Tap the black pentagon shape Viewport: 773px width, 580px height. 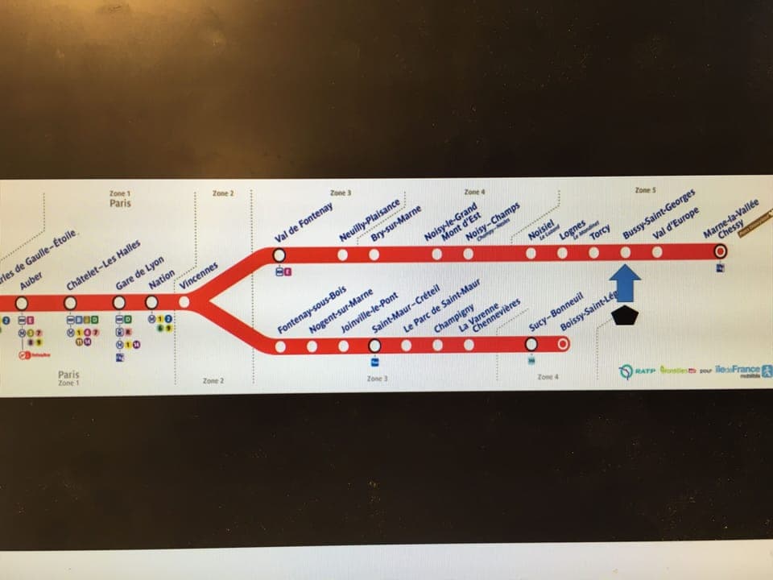tap(625, 315)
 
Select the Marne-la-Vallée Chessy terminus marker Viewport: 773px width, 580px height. tap(721, 252)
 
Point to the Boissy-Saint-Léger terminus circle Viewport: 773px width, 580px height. tap(563, 345)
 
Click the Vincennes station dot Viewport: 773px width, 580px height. tap(184, 302)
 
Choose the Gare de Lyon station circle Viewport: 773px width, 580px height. tap(119, 302)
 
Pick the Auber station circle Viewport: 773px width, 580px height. tap(21, 302)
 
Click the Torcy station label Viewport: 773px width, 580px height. tap(600, 233)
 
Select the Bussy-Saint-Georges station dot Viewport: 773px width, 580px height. tap(626, 252)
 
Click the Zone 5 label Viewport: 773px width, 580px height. tap(645, 190)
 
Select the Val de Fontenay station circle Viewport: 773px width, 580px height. tap(279, 255)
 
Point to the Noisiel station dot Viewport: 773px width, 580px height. tap(531, 253)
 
